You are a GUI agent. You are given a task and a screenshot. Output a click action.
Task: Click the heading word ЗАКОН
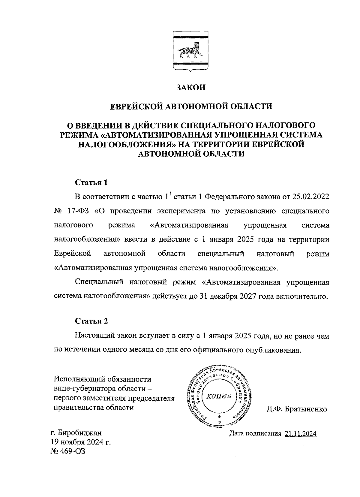tap(191, 88)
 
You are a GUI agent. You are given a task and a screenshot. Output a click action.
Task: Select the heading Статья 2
tap(91, 321)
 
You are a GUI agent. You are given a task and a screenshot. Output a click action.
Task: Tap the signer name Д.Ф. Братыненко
tap(296, 409)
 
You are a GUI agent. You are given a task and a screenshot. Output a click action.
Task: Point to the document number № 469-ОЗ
tap(68, 451)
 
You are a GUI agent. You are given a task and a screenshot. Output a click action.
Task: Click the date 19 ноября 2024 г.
tap(80, 442)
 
